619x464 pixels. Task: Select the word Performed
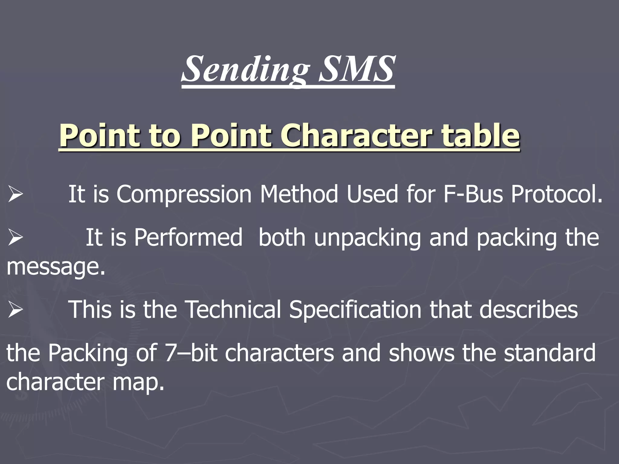(x=188, y=237)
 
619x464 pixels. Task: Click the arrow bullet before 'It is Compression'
(x=15, y=195)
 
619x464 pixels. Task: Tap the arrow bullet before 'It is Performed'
(x=15, y=238)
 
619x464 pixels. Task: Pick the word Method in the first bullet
(x=299, y=194)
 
